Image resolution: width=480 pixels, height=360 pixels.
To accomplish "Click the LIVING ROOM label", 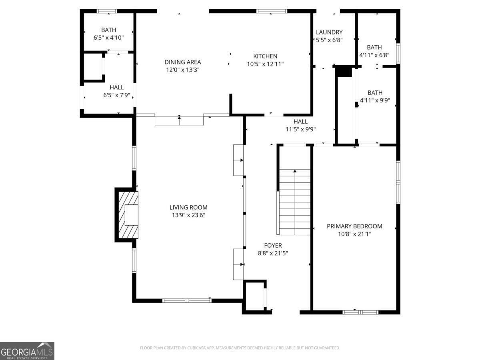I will click(x=188, y=207).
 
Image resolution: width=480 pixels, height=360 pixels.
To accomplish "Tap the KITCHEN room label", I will click(x=265, y=56).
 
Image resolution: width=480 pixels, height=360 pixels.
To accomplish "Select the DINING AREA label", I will click(x=183, y=62).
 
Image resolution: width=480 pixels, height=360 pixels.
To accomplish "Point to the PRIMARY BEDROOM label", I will click(x=354, y=226).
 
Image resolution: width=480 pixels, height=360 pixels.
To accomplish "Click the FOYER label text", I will click(x=273, y=245).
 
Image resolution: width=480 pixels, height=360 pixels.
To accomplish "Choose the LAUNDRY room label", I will click(x=329, y=32).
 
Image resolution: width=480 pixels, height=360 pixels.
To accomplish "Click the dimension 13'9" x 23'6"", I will click(x=188, y=215).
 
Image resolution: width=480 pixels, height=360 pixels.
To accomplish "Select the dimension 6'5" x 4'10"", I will click(x=108, y=38).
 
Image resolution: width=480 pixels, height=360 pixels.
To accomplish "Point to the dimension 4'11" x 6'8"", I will click(x=374, y=55).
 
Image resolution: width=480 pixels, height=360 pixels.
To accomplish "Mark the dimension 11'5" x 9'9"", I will click(x=300, y=129).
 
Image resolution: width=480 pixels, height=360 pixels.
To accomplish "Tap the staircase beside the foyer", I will click(x=295, y=202).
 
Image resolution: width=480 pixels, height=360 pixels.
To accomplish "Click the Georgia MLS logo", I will click(x=27, y=351).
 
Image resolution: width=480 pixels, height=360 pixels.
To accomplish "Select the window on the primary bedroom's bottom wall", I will click(x=360, y=312).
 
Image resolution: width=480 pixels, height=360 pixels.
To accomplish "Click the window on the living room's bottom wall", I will click(x=187, y=300).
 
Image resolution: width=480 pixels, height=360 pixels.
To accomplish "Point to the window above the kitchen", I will click(x=272, y=11).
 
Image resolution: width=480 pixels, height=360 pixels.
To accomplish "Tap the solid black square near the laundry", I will click(x=343, y=71).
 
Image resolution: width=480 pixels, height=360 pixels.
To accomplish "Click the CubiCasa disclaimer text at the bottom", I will click(x=240, y=348).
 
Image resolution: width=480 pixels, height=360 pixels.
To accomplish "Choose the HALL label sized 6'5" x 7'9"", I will click(x=116, y=87).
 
